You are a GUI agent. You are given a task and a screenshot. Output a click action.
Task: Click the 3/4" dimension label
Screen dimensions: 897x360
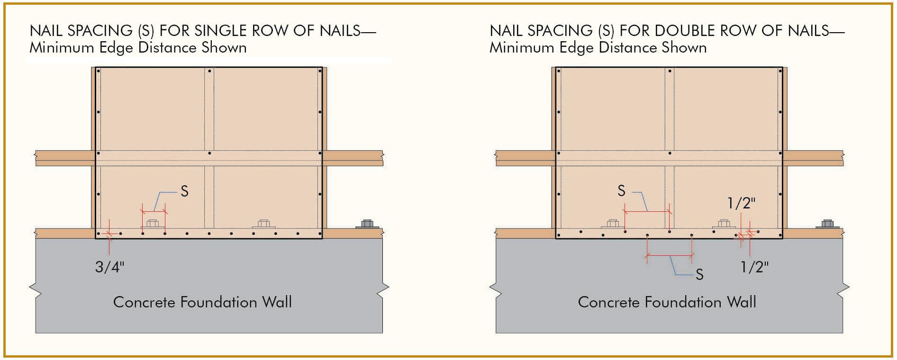[109, 267]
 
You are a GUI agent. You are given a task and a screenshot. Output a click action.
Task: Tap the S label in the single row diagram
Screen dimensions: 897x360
[184, 191]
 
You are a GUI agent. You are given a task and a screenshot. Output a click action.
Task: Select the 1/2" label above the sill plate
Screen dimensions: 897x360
[741, 203]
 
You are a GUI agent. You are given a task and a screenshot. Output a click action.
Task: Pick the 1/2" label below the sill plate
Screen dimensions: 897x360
[754, 267]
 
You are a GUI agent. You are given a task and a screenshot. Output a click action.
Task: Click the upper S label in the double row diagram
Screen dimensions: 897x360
[621, 191]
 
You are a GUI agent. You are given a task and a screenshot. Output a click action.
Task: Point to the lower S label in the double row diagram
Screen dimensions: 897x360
[699, 275]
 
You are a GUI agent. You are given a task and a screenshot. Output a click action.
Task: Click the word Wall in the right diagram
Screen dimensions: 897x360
[742, 302]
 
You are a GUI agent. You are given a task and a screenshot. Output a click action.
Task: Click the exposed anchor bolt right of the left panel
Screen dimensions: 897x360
[367, 224]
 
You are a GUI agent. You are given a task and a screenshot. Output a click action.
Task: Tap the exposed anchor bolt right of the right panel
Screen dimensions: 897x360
[827, 224]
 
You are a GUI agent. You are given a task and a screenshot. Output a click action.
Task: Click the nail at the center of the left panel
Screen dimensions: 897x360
[209, 153]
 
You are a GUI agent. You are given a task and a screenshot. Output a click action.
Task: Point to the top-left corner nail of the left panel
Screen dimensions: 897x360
[99, 71]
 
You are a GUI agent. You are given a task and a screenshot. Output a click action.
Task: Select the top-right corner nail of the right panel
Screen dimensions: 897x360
[780, 71]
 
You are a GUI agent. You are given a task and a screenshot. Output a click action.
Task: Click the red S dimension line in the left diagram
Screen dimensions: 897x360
[154, 211]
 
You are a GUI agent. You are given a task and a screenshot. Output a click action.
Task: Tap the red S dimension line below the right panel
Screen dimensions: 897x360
[670, 255]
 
